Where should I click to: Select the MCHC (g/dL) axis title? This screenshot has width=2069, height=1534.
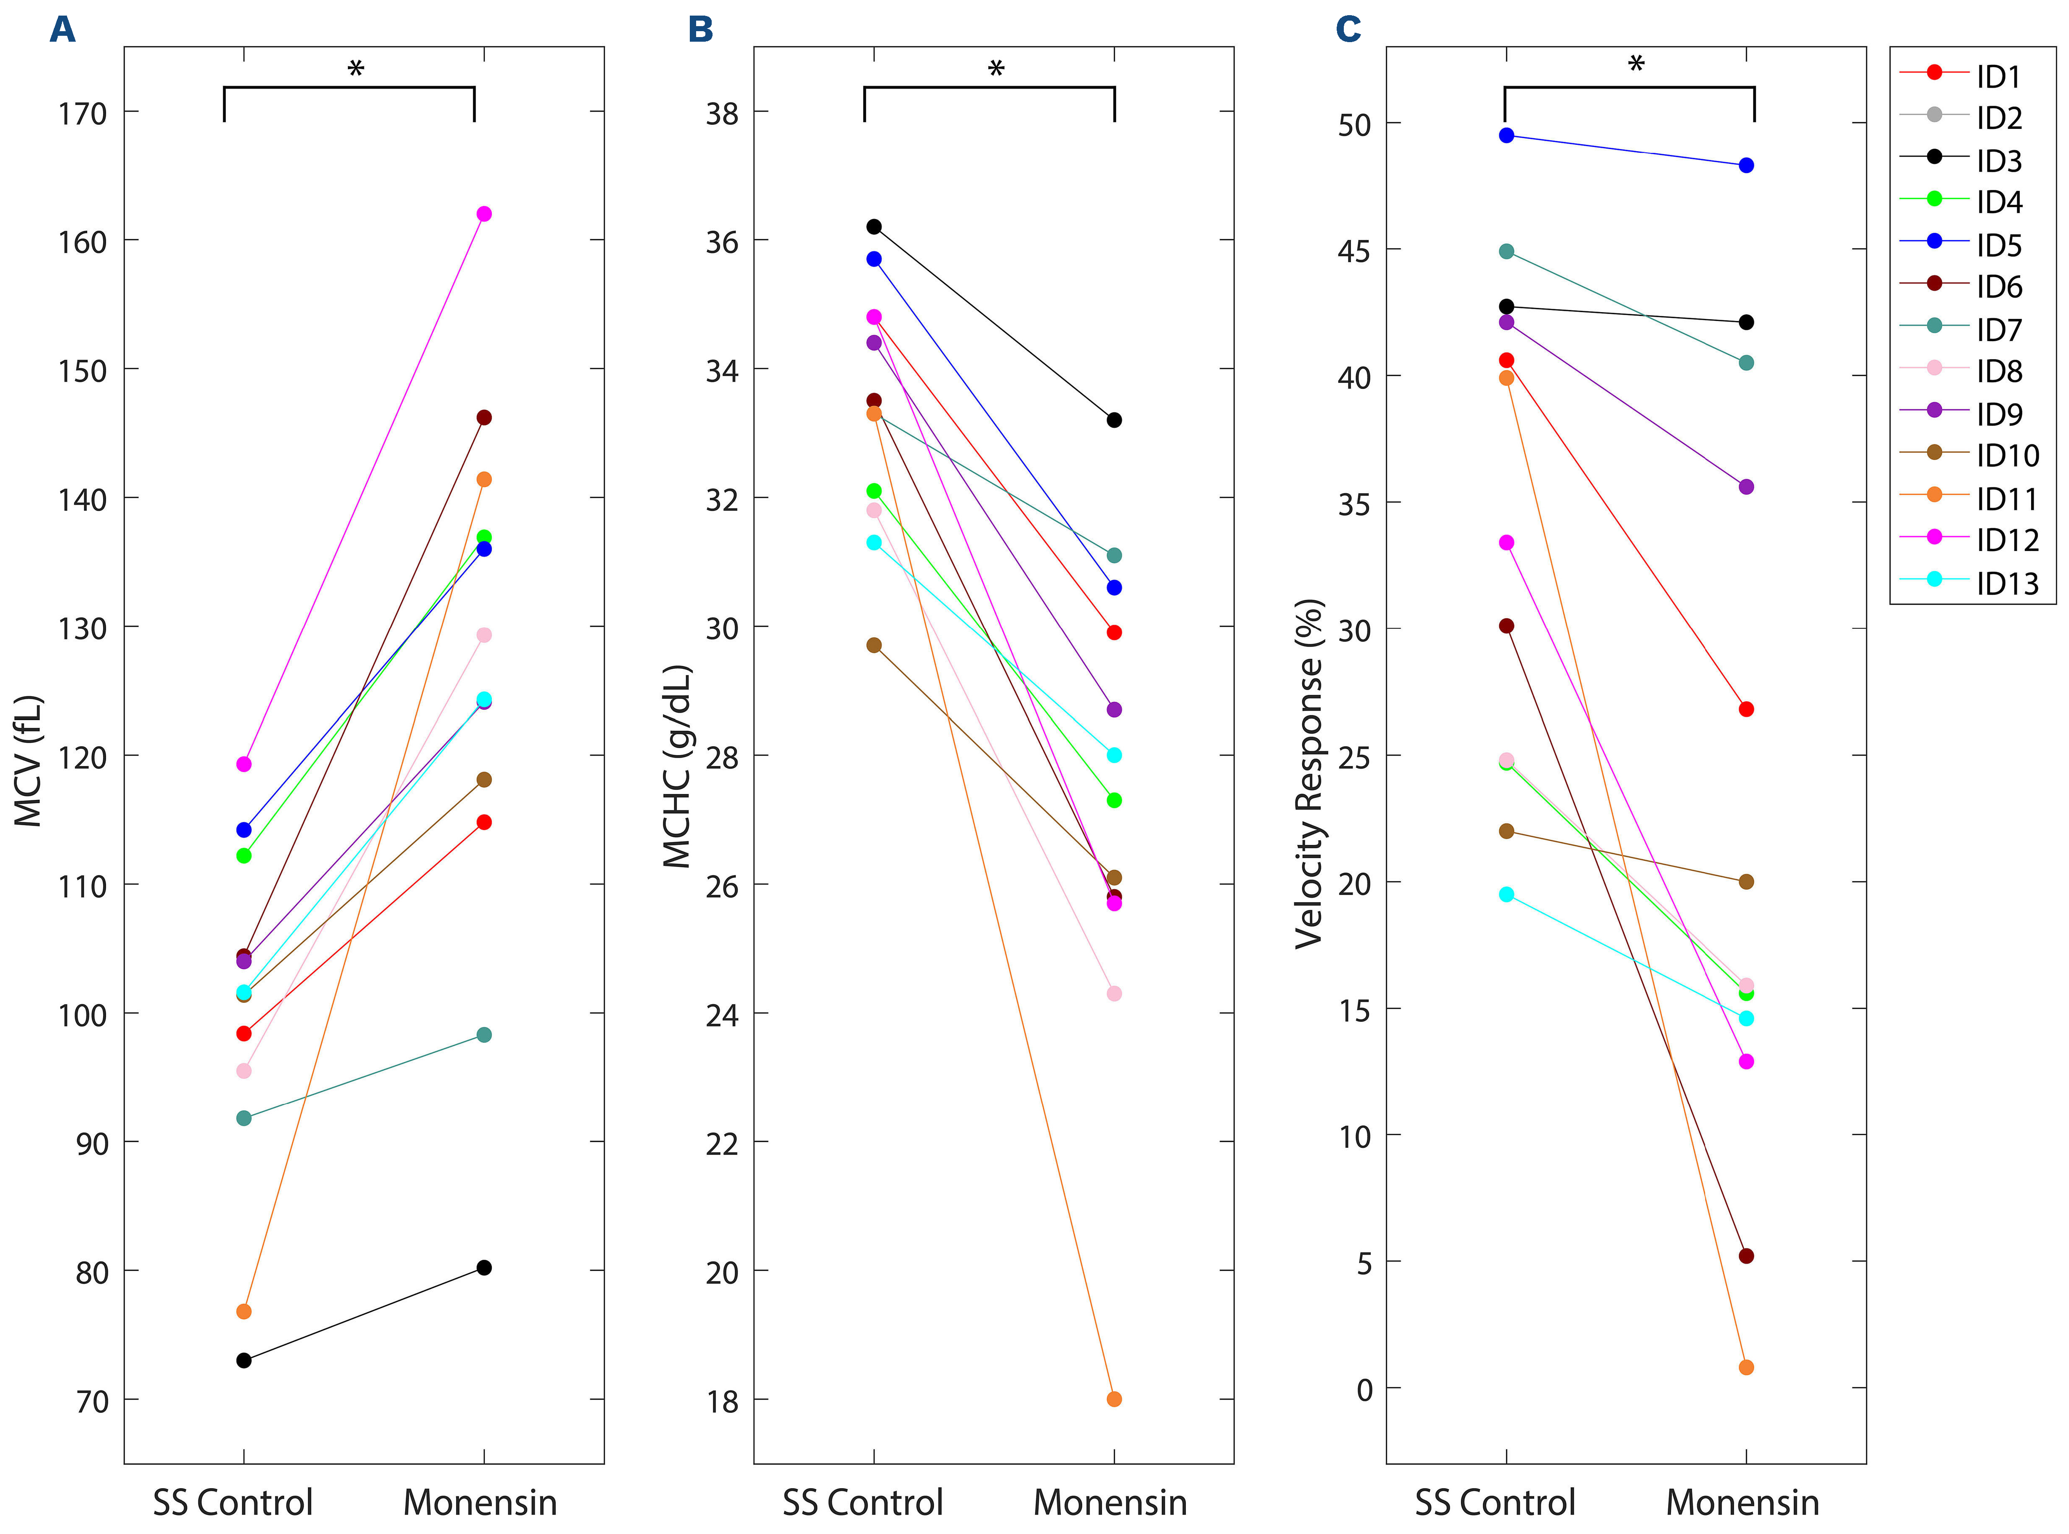[x=678, y=766]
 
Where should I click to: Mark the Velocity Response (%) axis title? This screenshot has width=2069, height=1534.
[x=1309, y=772]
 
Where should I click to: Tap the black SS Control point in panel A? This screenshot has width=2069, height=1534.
[x=244, y=1360]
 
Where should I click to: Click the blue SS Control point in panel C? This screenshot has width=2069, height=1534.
[x=1506, y=136]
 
